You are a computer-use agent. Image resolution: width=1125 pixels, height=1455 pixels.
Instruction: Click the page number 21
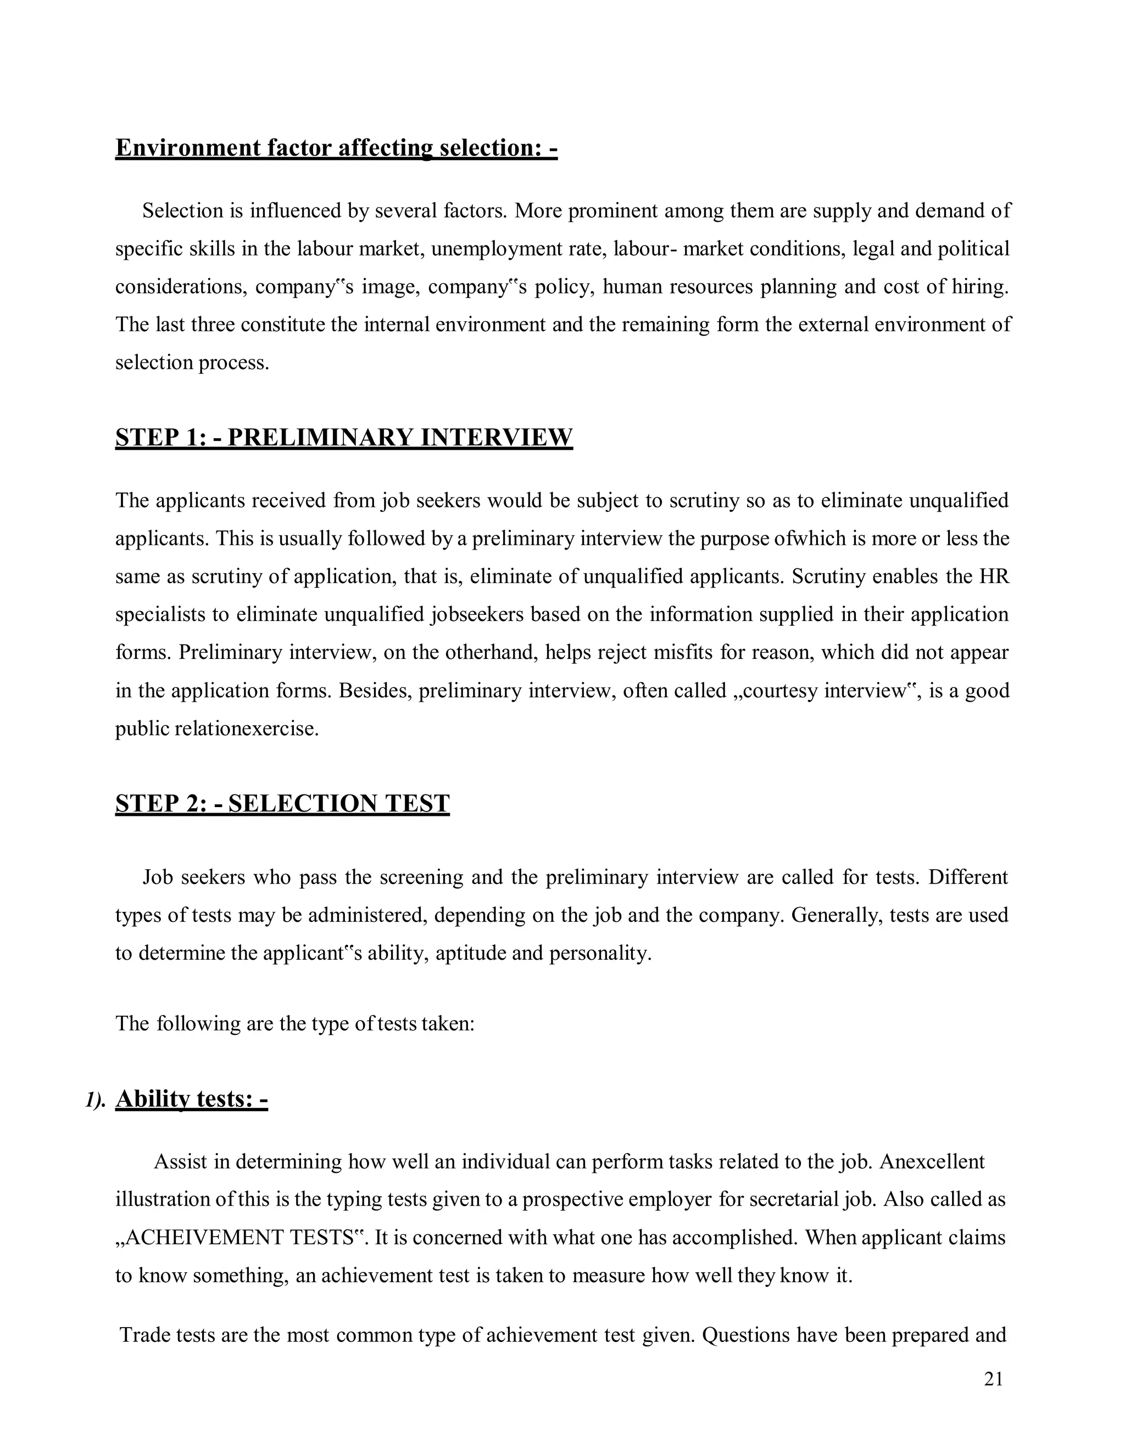pyautogui.click(x=993, y=1379)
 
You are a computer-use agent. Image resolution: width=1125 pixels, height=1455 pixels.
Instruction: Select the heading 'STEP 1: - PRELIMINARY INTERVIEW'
pyautogui.click(x=344, y=437)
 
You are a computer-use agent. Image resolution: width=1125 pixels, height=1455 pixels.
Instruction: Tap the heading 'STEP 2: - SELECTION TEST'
pyautogui.click(x=282, y=803)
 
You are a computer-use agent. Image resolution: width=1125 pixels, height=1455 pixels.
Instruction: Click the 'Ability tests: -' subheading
pyautogui.click(x=191, y=1099)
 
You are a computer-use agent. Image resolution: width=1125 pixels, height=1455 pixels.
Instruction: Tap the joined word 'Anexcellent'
pyautogui.click(x=932, y=1162)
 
